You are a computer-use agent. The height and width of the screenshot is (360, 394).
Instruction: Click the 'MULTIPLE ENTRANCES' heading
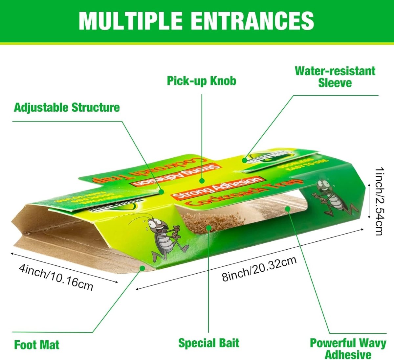pos(196,20)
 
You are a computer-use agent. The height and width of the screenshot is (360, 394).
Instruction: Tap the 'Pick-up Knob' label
pos(201,81)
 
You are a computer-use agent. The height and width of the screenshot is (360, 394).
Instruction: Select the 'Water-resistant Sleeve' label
pos(335,77)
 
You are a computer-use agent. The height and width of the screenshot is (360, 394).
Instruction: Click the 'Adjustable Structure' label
pos(67,107)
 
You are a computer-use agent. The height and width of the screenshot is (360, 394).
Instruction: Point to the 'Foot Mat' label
pos(37,345)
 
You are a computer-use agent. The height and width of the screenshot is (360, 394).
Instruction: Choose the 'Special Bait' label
pos(208,343)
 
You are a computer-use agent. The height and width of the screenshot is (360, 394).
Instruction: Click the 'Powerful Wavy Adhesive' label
pos(348,349)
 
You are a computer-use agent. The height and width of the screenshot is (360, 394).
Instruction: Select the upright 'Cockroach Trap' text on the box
pos(243,194)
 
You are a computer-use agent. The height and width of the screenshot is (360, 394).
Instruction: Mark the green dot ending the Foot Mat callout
pos(142,268)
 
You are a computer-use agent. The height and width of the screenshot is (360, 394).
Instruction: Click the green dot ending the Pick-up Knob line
pos(202,180)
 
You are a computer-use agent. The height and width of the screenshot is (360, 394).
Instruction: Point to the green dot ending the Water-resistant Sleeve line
pos(244,160)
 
